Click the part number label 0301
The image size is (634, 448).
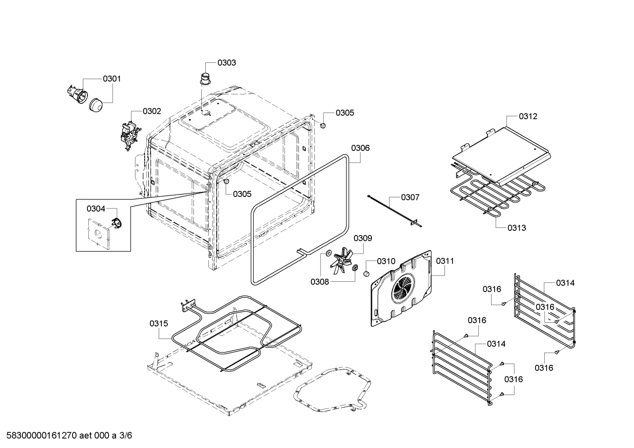pos(112,79)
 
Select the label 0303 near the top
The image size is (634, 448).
pos(226,62)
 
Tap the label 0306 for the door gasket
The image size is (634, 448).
pos(360,148)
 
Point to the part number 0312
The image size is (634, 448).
pos(528,116)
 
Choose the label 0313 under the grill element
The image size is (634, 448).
pos(517,228)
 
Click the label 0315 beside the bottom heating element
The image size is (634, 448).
pos(158,323)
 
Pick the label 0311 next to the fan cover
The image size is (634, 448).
pos(445,261)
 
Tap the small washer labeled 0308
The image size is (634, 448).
pos(328,253)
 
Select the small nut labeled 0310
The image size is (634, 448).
pos(365,274)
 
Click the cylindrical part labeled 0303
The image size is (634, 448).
pos(205,79)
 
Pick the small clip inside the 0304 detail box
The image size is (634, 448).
pos(115,223)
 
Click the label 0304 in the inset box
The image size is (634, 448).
pos(95,208)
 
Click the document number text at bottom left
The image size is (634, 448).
pos(66,436)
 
